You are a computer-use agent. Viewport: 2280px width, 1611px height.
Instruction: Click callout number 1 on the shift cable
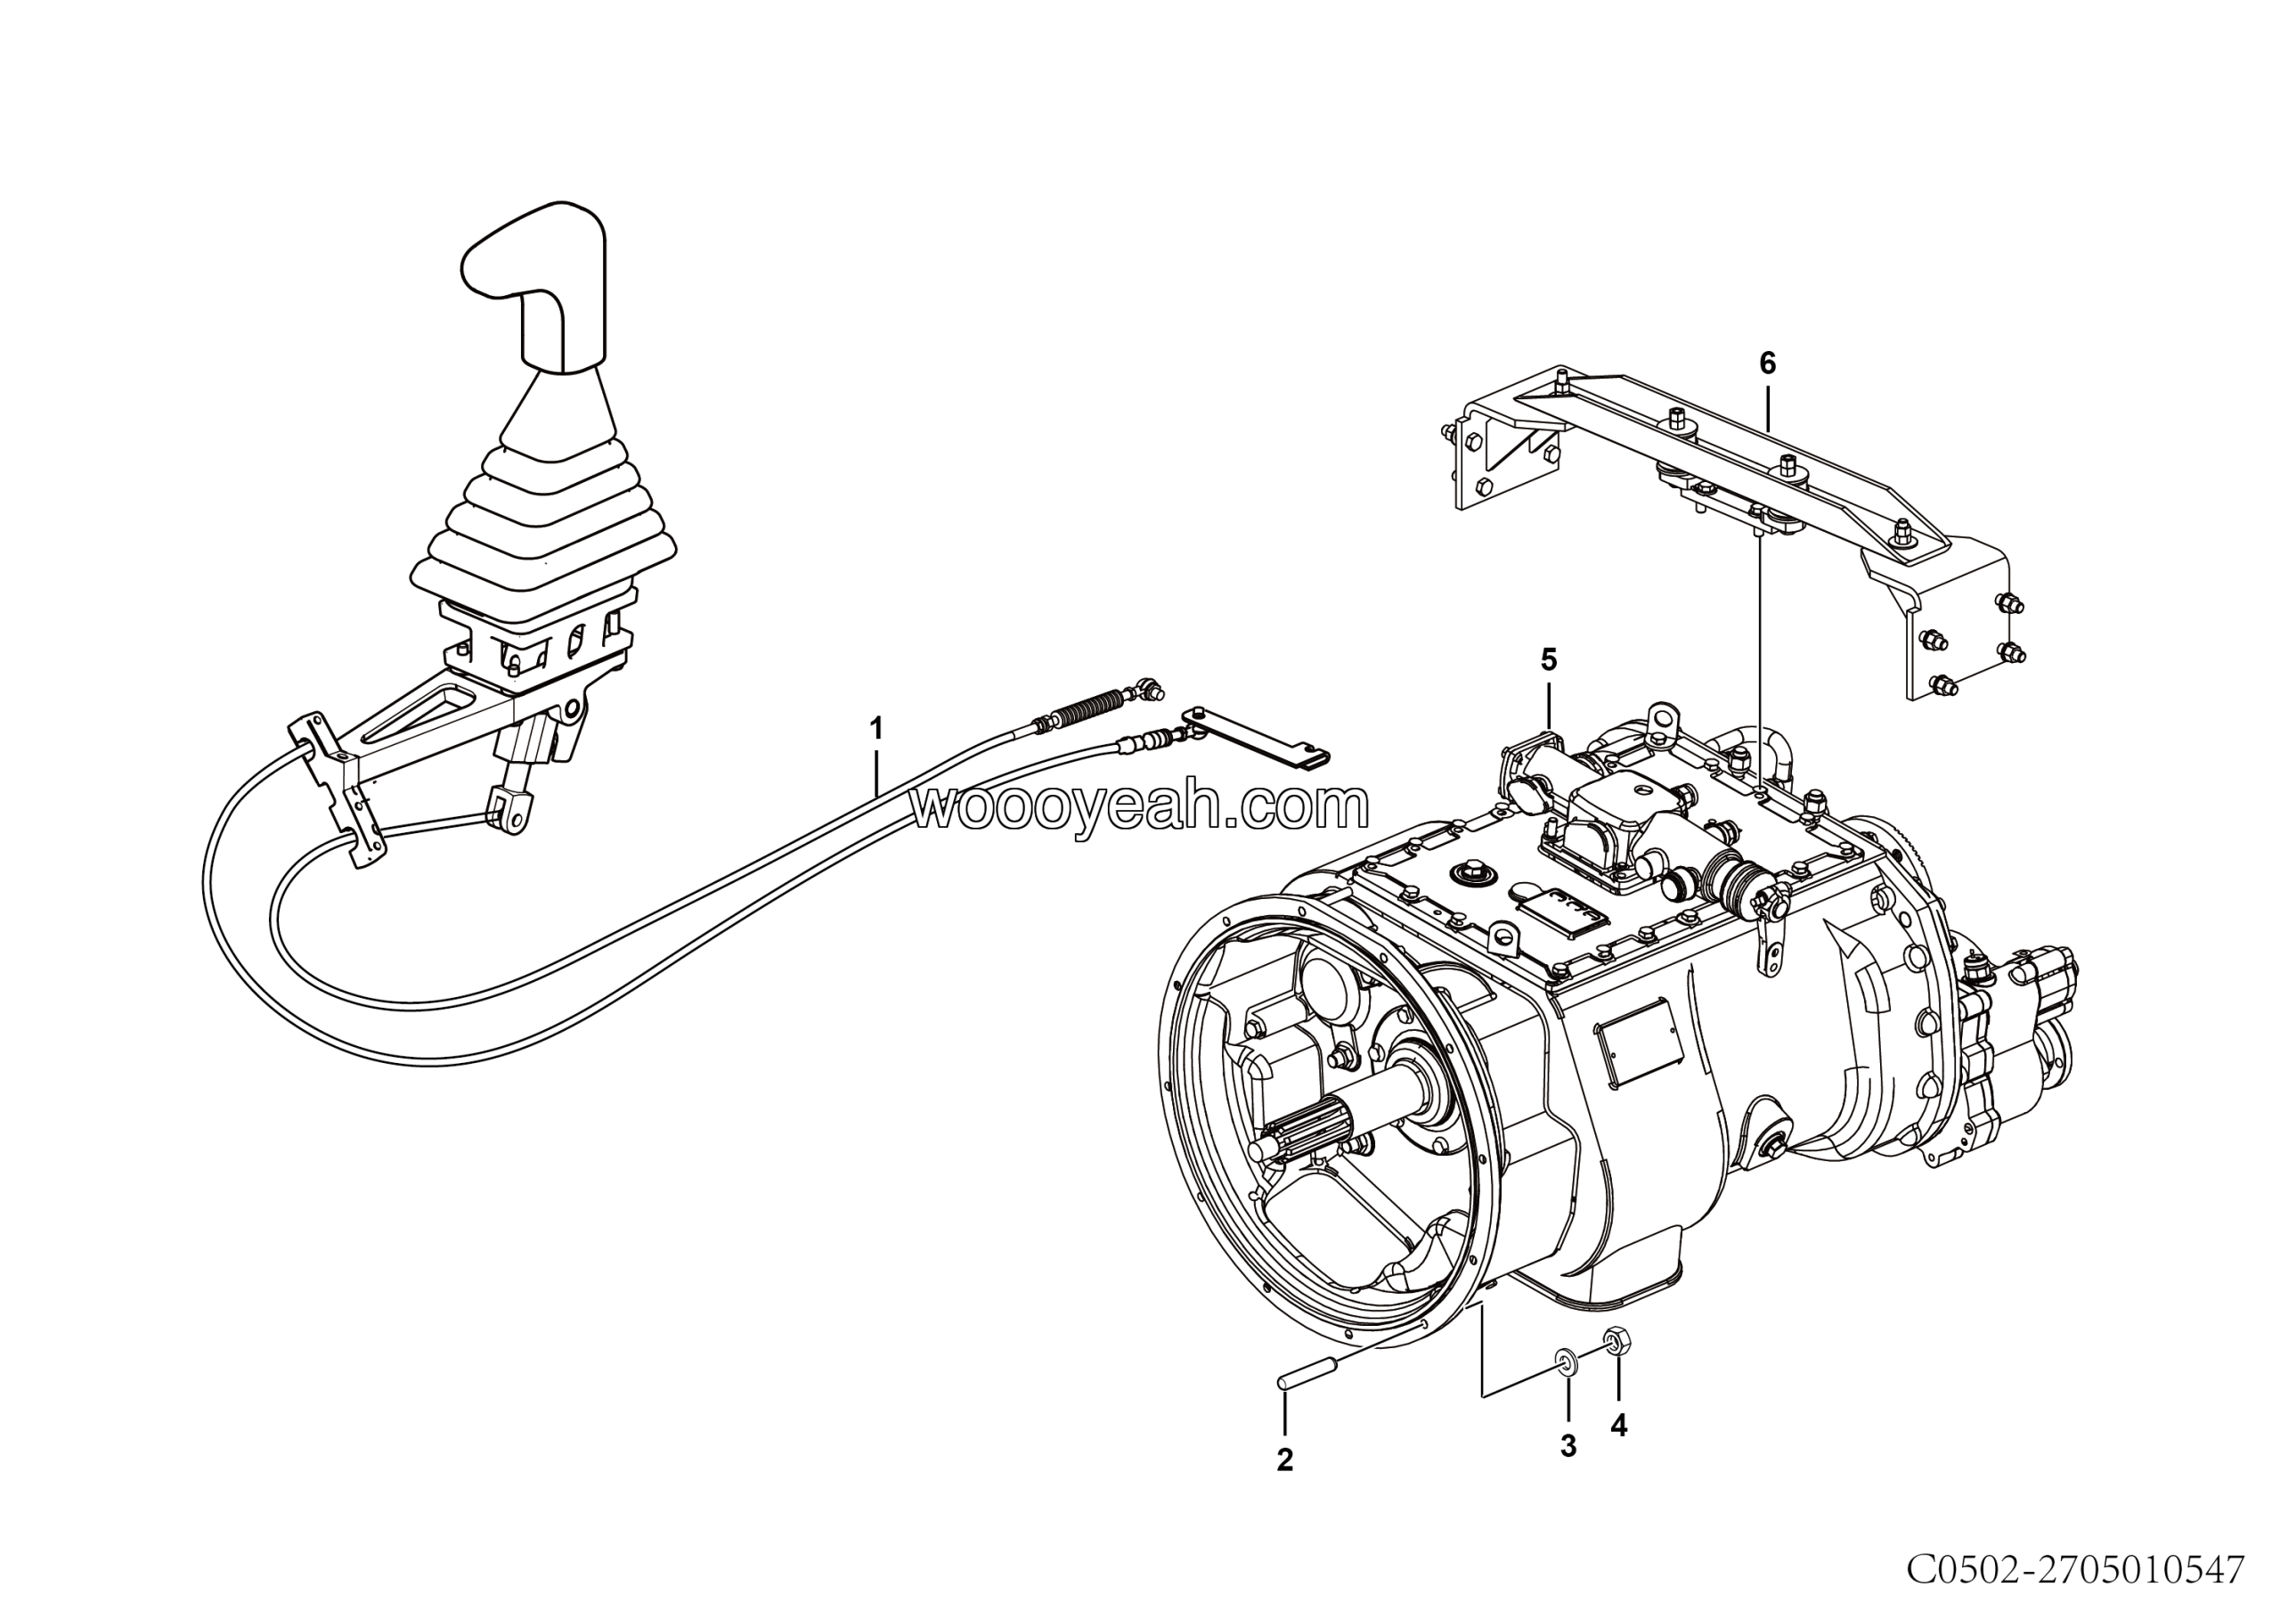(875, 729)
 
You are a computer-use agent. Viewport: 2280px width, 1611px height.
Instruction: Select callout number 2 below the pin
(1284, 1460)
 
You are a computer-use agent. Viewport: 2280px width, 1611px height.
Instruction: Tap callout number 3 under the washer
(1568, 1446)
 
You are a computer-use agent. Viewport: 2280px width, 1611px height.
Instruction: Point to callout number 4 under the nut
(1618, 1426)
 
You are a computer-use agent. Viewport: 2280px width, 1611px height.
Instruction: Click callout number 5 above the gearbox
(1548, 659)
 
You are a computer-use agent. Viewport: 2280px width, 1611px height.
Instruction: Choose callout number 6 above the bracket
(1767, 364)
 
